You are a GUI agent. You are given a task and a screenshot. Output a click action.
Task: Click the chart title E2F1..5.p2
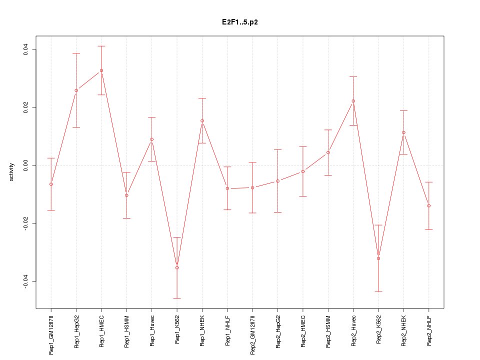tap(240, 22)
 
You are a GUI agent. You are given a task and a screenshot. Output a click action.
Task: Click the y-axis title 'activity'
tap(11, 172)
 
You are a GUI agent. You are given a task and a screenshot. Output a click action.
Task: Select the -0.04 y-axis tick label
tap(25, 281)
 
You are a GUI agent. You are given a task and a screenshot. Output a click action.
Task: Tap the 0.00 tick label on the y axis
tap(25, 165)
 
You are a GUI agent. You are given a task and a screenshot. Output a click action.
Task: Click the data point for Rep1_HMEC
tap(101, 70)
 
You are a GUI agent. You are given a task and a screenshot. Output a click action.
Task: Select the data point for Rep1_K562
tap(177, 267)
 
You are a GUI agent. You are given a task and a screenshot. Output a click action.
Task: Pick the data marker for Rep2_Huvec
tap(353, 101)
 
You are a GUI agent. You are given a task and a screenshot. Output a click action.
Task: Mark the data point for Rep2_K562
tap(378, 258)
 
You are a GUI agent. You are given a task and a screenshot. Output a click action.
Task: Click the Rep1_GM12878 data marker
tap(51, 184)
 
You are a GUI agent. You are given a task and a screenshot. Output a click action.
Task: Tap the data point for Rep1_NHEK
tap(202, 120)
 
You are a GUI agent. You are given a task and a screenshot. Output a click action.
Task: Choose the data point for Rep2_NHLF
tap(429, 205)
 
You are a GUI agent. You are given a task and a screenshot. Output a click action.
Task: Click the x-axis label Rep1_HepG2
tap(76, 331)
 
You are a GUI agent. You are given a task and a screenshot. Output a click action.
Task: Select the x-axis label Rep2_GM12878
tap(252, 334)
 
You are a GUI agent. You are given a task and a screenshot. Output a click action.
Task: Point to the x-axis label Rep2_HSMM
tap(328, 331)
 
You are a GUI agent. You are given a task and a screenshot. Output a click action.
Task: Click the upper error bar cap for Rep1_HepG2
tap(76, 53)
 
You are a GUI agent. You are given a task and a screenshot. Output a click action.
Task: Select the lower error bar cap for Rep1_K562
tap(177, 298)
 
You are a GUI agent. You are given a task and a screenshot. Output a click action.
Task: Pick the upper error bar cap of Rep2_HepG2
tap(277, 149)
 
